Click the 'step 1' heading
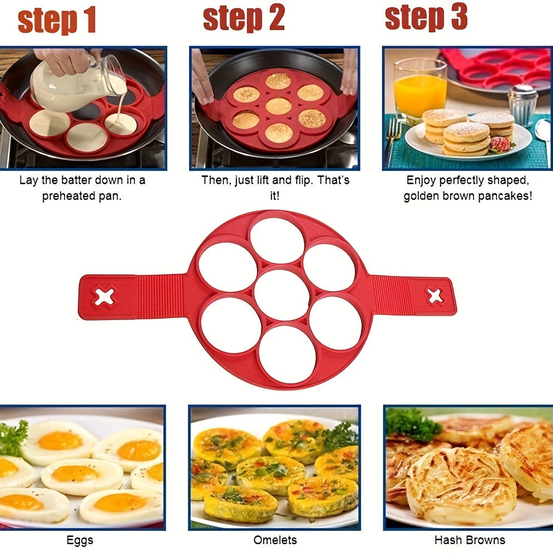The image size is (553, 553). pyautogui.click(x=57, y=21)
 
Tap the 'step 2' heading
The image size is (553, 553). pyautogui.click(x=244, y=18)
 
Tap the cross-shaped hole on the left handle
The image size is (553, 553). pyautogui.click(x=104, y=296)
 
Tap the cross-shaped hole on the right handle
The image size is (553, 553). pyautogui.click(x=435, y=295)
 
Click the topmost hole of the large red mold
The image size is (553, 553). pyautogui.click(x=276, y=240)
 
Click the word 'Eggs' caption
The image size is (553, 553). pyautogui.click(x=80, y=540)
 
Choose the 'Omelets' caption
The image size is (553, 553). pyautogui.click(x=275, y=540)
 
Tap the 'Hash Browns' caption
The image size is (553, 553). pyautogui.click(x=470, y=540)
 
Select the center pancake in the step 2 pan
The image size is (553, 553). pyautogui.click(x=278, y=106)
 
